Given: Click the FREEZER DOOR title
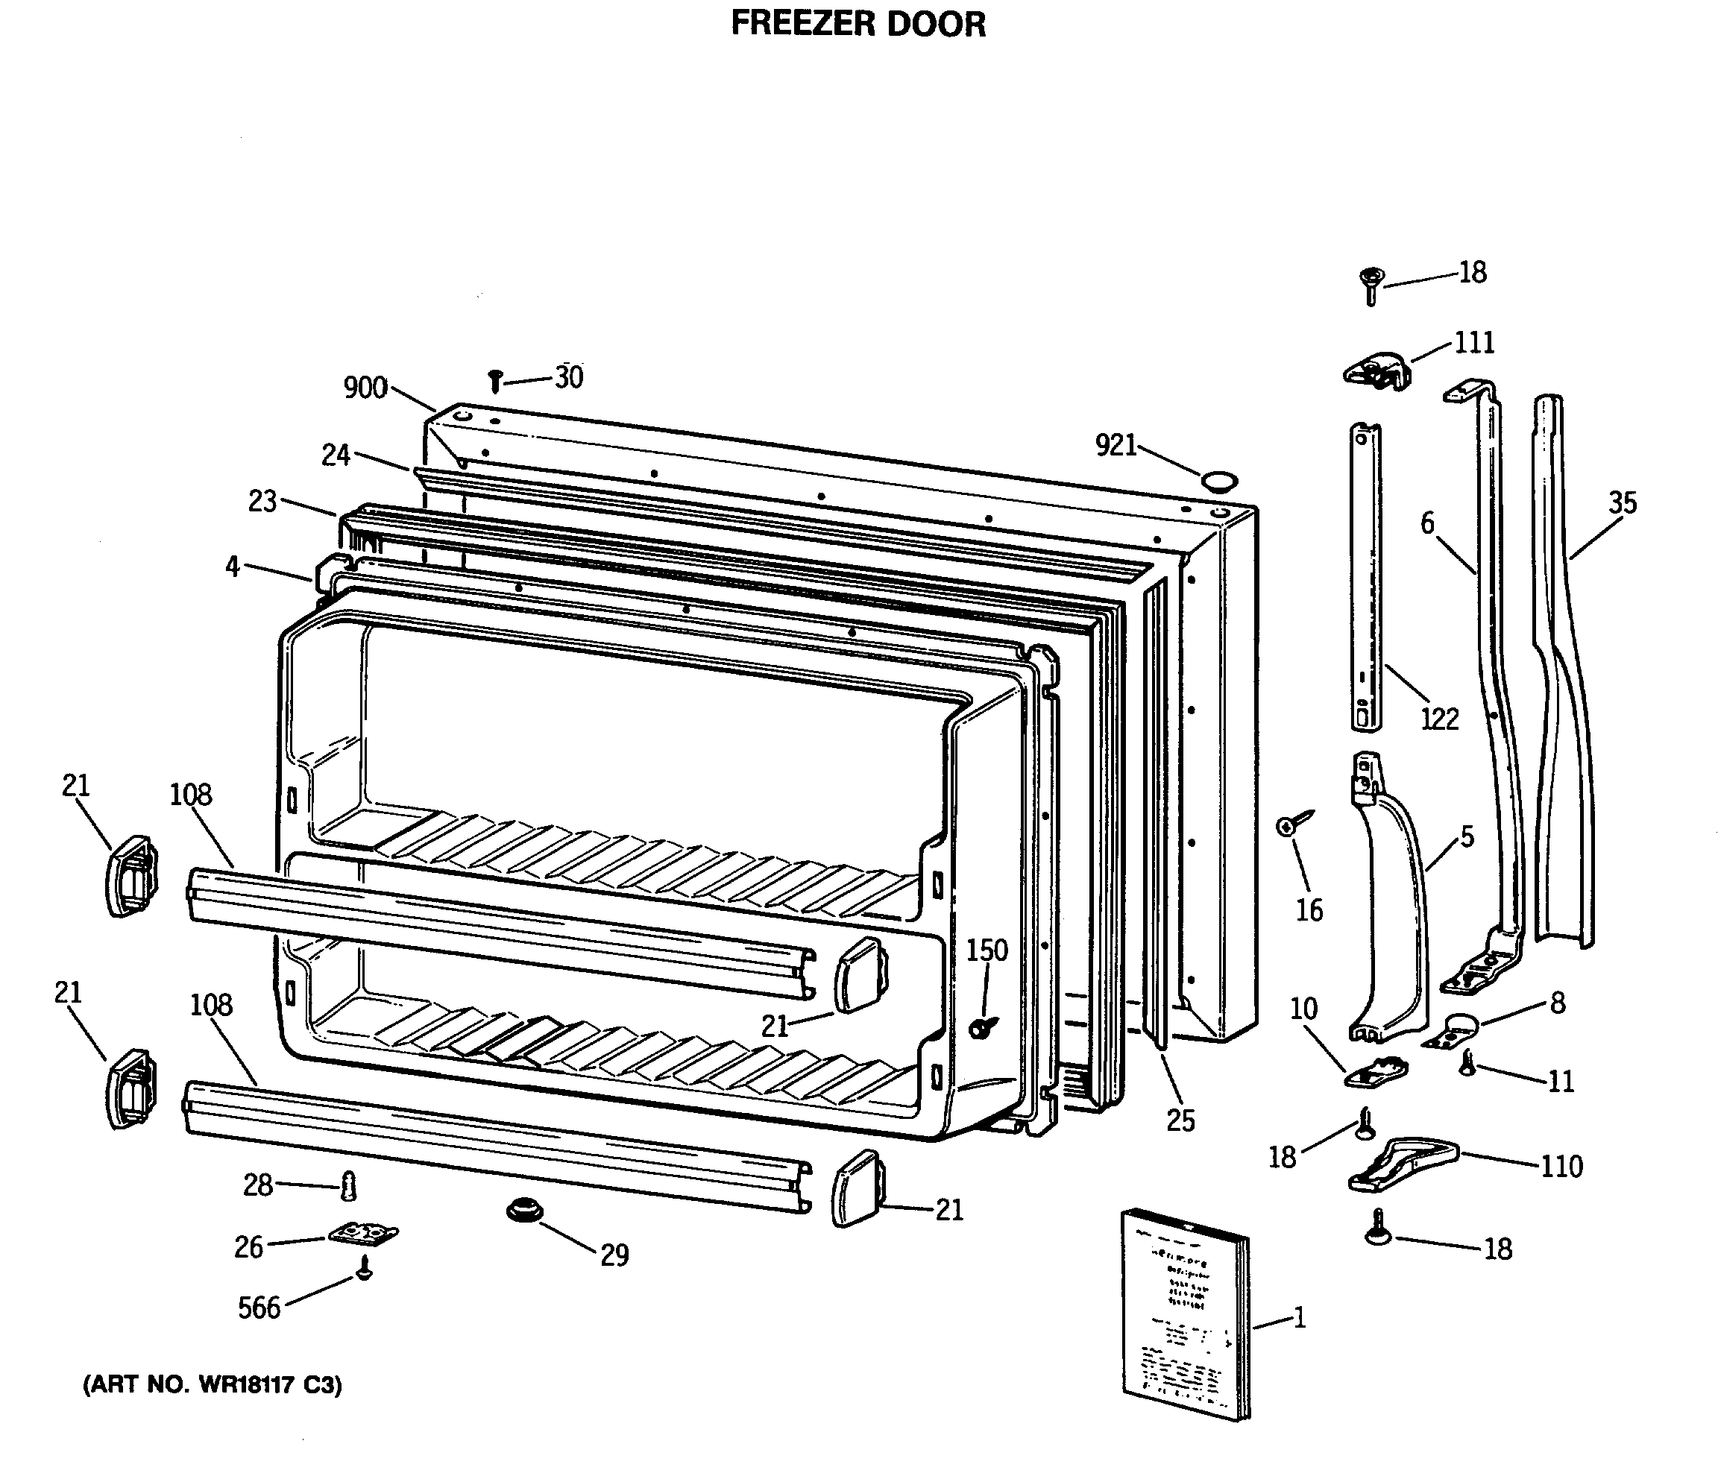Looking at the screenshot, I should coord(858,24).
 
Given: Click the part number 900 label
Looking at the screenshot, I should coord(365,387).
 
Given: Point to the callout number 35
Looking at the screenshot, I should coord(1623,502).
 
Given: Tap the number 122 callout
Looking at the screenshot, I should coord(1439,718).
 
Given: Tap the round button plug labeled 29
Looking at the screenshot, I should coord(524,1211).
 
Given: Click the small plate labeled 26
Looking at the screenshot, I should coord(363,1234).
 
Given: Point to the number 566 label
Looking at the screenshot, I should coord(259,1308).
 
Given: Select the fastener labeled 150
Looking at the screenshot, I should coord(982,1027).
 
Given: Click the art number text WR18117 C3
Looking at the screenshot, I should coord(213,1384).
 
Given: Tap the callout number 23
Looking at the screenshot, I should coord(262,501).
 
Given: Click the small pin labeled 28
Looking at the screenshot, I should coord(349,1188).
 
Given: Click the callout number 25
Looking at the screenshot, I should coord(1180,1121).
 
